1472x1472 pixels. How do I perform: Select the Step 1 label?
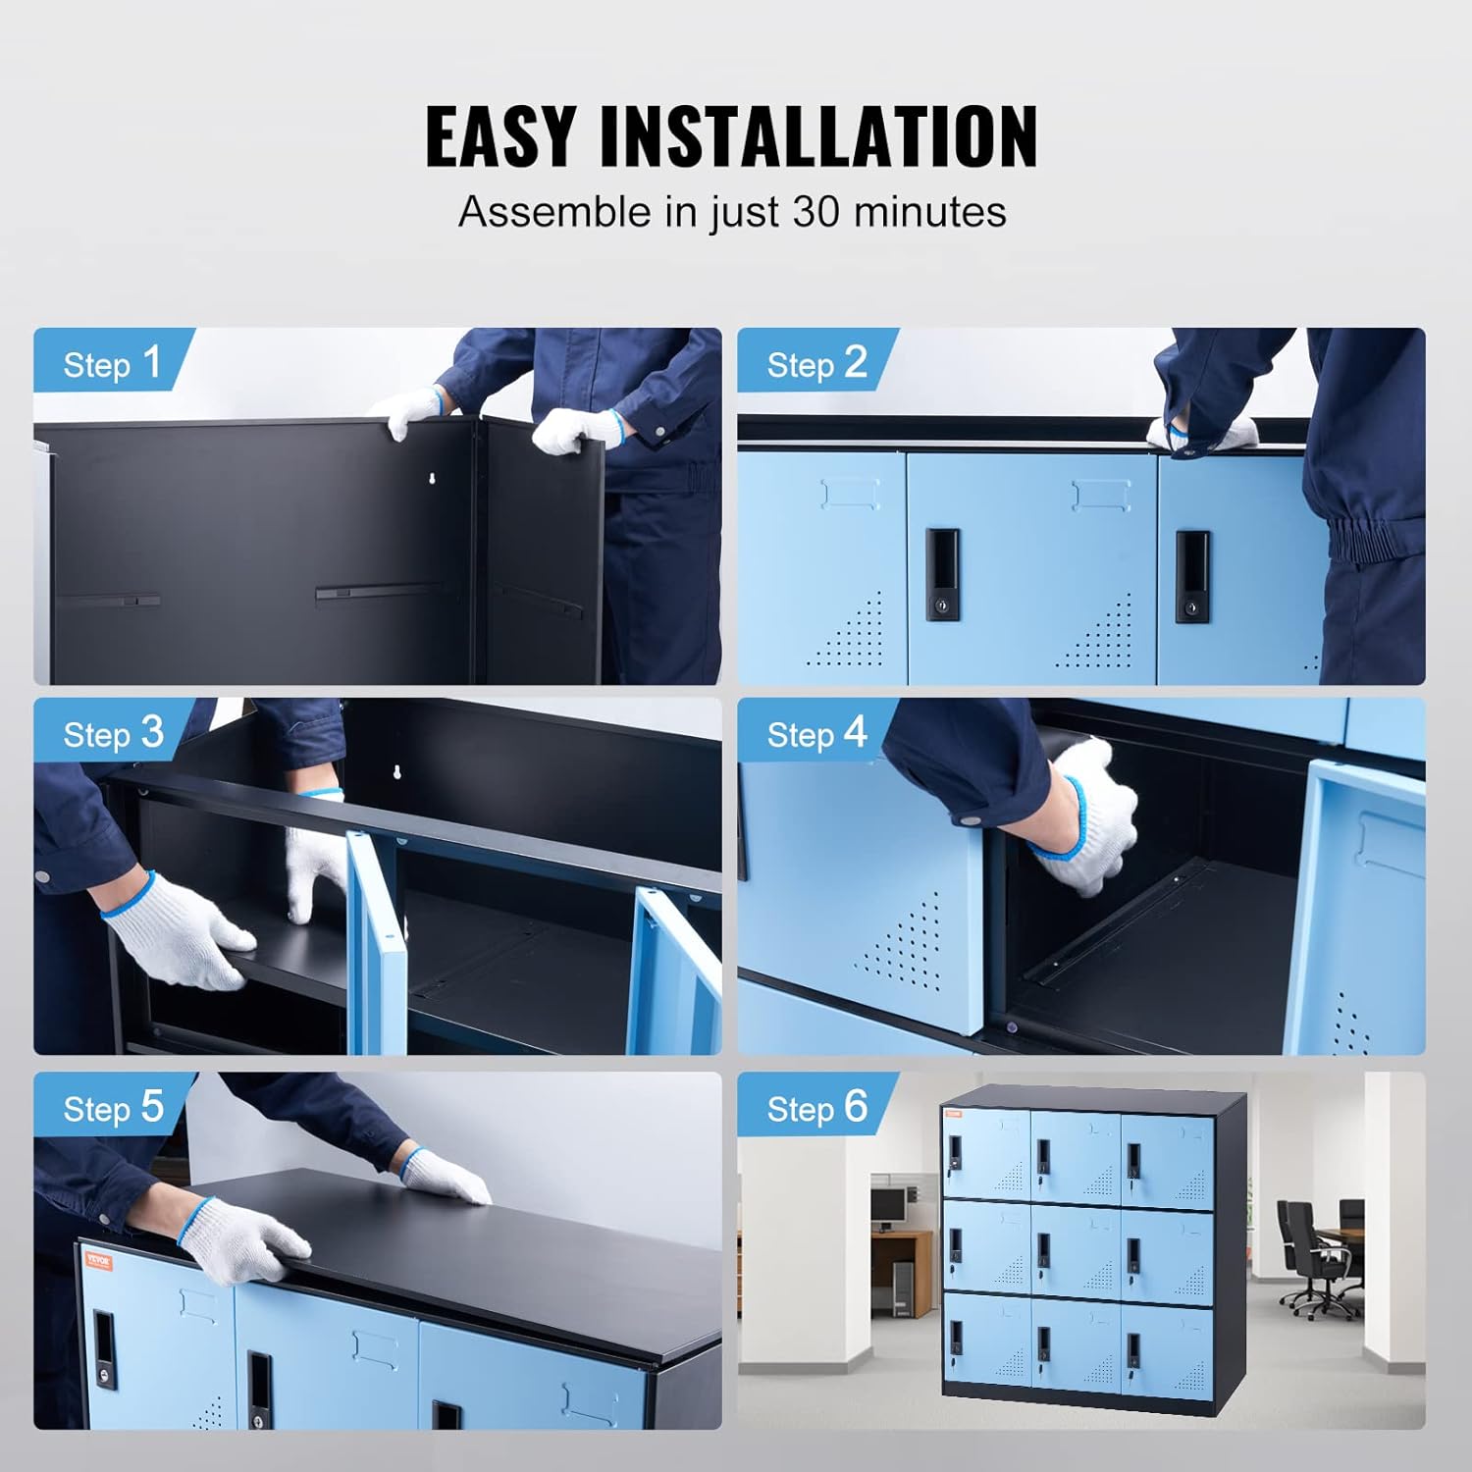pos(112,364)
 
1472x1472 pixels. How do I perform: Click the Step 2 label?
pos(816,364)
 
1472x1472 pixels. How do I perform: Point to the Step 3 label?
pos(112,734)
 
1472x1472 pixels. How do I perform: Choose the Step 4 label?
pos(816,734)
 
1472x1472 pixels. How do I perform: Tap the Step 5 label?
pos(112,1108)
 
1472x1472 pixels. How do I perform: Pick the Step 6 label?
pos(816,1108)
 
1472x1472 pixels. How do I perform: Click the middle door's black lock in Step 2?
pos(944,573)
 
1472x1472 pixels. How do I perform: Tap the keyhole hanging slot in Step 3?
pos(396,772)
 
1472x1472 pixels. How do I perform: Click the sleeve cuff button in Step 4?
pos(973,817)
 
